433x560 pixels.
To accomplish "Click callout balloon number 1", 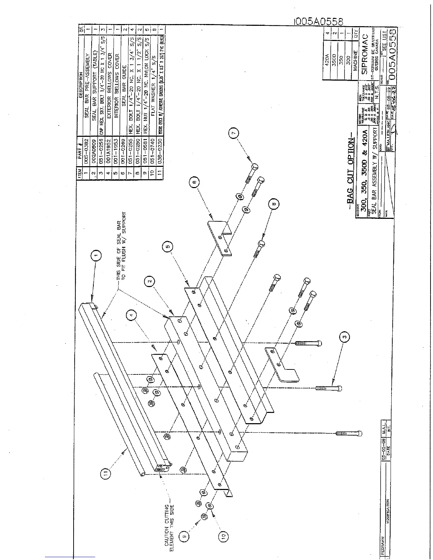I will tap(97, 255).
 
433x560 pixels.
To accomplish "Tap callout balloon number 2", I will tap(150, 281).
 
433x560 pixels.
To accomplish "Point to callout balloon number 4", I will tap(131, 314).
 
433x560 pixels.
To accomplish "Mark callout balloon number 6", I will tap(194, 182).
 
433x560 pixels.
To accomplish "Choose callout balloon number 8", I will tap(274, 203).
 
